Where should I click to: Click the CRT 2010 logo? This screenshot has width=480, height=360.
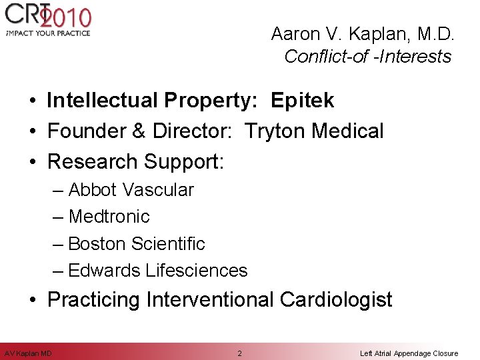point(47,16)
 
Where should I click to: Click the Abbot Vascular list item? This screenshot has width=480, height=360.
point(131,190)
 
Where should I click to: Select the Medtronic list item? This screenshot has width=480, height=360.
point(109,217)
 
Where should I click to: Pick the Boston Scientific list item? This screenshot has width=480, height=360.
point(137,243)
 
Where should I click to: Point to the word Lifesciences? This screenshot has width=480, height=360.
point(196,270)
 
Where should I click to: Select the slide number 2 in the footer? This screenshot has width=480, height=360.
point(240,353)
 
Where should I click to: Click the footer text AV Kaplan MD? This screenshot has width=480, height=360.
point(29,353)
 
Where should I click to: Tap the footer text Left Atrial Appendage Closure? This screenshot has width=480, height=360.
point(409,353)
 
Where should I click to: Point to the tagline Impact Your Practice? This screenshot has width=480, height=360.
point(47,33)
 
